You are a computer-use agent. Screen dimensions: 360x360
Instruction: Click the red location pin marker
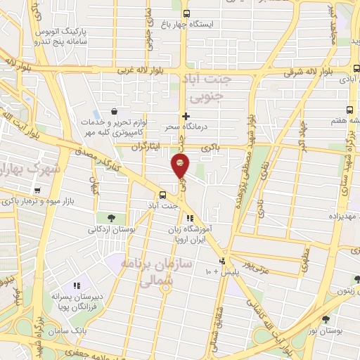click(x=181, y=165)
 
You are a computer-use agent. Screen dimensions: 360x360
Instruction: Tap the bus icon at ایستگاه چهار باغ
click(x=186, y=13)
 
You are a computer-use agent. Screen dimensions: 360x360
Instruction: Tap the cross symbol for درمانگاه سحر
click(x=186, y=116)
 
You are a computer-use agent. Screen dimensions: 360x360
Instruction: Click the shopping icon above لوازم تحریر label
click(x=112, y=111)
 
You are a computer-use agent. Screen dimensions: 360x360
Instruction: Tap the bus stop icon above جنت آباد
click(x=163, y=194)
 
